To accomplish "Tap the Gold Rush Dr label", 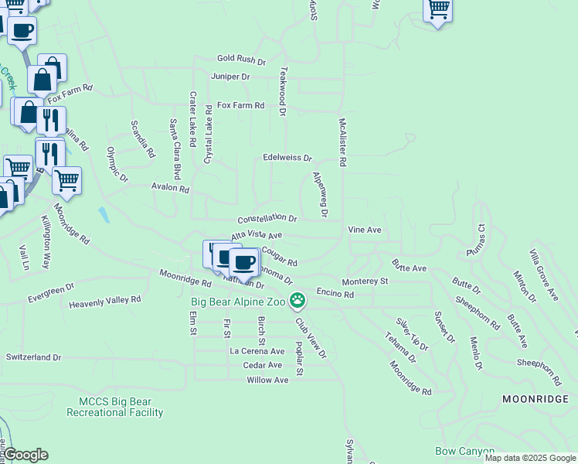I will click(241, 59).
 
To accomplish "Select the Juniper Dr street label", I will click(230, 77).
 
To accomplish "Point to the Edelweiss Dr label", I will click(287, 157).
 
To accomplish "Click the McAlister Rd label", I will click(342, 142).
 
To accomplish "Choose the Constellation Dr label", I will click(267, 219).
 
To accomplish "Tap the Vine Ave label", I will click(365, 230).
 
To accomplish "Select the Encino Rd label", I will click(335, 295).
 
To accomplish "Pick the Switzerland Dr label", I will click(33, 357).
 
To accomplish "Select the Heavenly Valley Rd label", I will click(104, 299).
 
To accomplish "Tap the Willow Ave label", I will click(267, 380).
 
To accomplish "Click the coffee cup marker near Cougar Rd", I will click(243, 261).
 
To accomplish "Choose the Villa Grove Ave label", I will click(543, 275).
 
